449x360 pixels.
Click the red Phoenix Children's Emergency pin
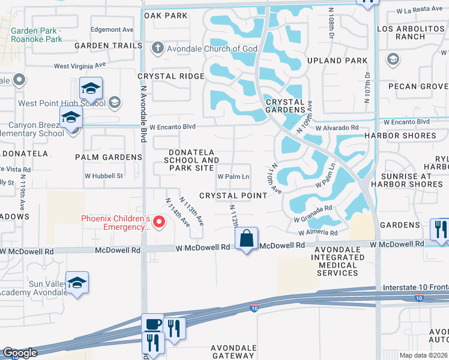(159, 223)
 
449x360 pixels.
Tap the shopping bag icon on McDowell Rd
(247, 239)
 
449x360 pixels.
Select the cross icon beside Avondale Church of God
(158, 48)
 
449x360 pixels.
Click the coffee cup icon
(152, 325)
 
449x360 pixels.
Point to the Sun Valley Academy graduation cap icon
(77, 283)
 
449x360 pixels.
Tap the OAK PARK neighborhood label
(166, 16)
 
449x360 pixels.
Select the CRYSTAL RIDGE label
(171, 76)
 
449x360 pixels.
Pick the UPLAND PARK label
(345, 61)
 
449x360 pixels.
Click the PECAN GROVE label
(418, 86)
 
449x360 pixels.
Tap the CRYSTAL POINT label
(233, 196)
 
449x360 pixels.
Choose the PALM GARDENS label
(109, 157)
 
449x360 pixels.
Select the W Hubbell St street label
(103, 176)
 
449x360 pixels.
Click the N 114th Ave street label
(178, 212)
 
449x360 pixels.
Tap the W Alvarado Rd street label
(336, 128)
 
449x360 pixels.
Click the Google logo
(20, 353)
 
